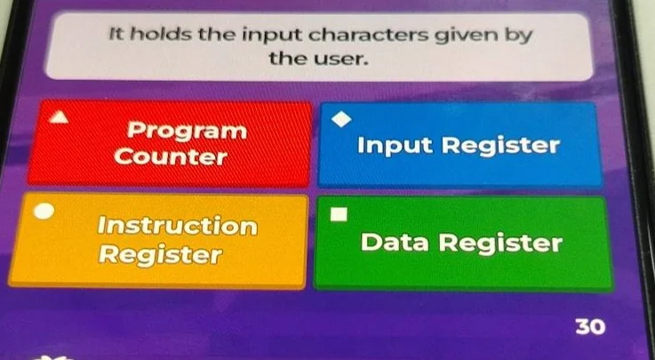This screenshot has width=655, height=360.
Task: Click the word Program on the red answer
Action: click(x=186, y=131)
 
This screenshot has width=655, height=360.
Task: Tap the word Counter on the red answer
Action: click(x=172, y=158)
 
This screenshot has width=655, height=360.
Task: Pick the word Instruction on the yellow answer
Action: click(x=178, y=226)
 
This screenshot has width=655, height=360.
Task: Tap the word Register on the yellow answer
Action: click(x=160, y=256)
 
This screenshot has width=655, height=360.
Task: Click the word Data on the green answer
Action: click(x=397, y=243)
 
